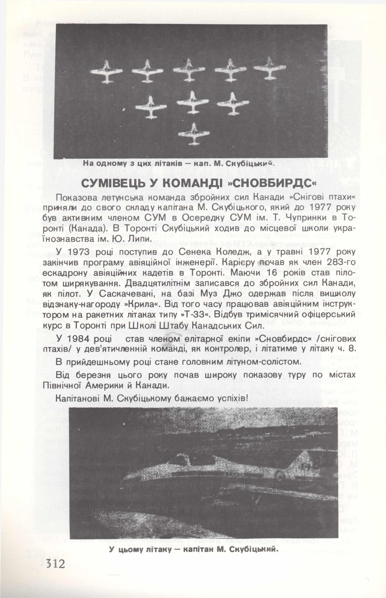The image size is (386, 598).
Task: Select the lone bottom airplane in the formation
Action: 193,132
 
